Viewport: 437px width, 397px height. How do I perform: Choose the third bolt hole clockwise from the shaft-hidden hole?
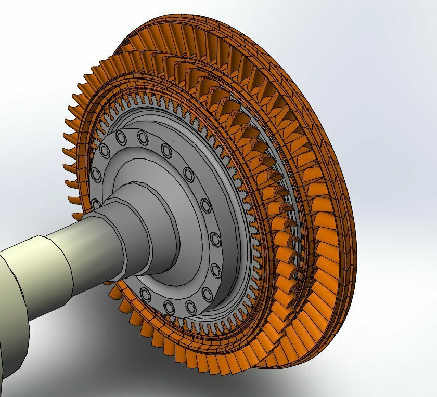pos(122,138)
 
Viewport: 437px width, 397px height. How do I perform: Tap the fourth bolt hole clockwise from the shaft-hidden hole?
pos(142,138)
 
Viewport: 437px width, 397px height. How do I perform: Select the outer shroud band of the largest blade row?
pos(333,156)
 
